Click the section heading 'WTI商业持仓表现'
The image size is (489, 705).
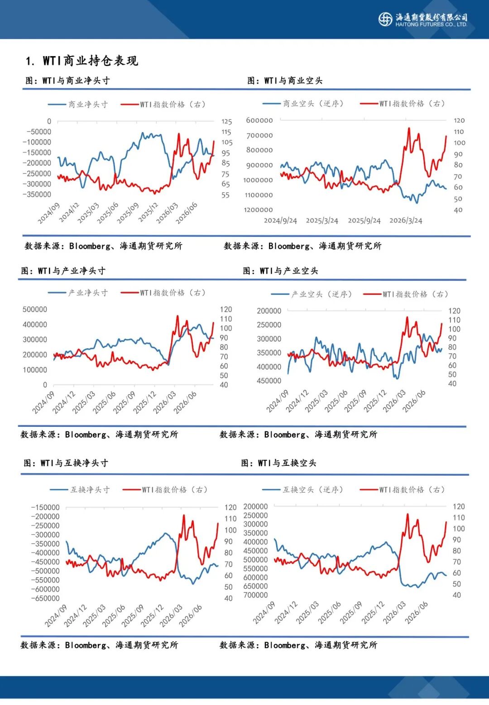tap(91, 61)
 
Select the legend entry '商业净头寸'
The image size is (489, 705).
tap(78, 104)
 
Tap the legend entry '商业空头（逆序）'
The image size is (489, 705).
tap(303, 104)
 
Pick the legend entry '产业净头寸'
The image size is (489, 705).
tap(78, 293)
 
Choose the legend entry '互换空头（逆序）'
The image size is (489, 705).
tap(303, 490)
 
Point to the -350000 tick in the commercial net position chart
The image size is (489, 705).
tap(37, 194)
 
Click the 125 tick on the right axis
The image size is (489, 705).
tap(226, 122)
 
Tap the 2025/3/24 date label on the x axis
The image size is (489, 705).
tap(322, 220)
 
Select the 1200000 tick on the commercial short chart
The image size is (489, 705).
tap(259, 210)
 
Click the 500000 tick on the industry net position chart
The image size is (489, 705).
tap(35, 309)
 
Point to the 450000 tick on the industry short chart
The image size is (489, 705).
tap(269, 381)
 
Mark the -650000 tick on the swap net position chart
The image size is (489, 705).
tap(45, 598)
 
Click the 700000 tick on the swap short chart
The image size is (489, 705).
tap(255, 595)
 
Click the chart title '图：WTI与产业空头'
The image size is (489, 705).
tap(280, 271)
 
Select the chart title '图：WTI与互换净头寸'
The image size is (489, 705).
tap(66, 463)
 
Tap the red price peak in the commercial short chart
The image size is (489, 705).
tap(409, 128)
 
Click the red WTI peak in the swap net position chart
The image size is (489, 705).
tap(184, 515)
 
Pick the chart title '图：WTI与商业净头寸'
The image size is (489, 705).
tap(68, 80)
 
